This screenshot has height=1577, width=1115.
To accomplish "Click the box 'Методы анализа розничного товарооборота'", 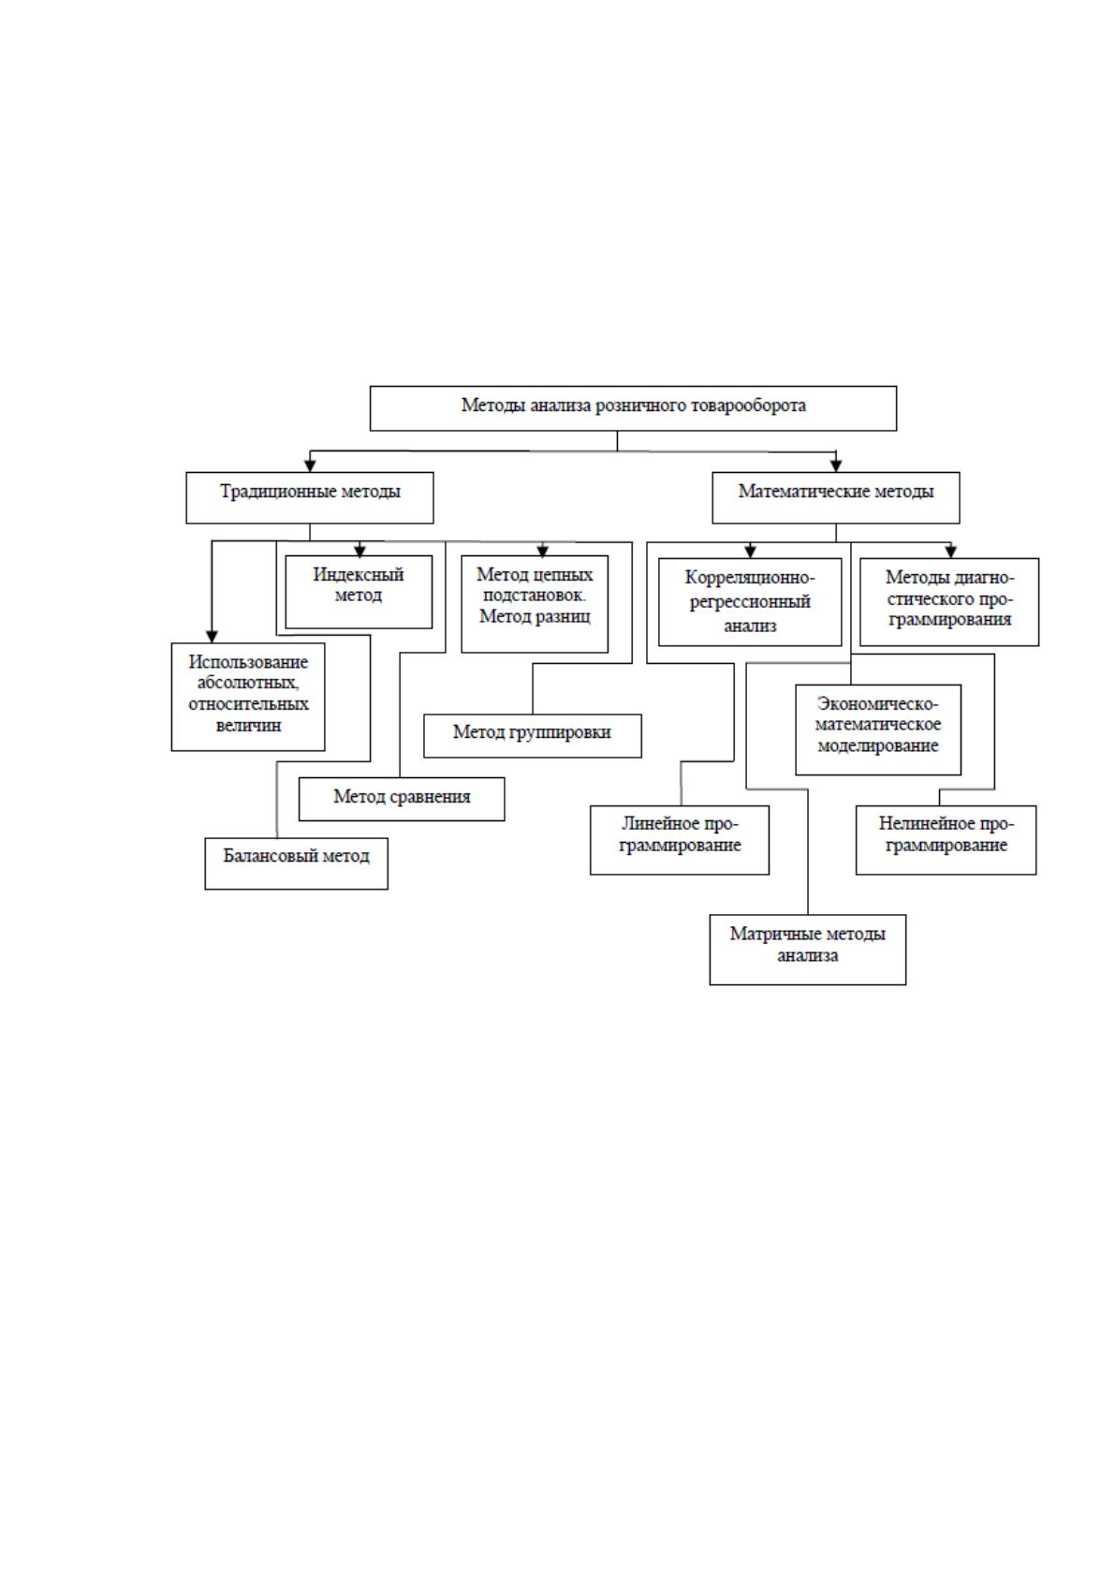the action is pos(633,407).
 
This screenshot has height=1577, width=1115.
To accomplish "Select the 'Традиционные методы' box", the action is pos(310,498).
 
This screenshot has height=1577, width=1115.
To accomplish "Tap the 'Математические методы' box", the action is pos(835,498).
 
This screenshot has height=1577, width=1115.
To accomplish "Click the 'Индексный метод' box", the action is pos(359,592).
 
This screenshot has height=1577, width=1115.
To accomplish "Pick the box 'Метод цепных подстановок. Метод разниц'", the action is pos(535,604).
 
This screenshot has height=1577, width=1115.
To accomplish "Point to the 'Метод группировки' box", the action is pos(532,736).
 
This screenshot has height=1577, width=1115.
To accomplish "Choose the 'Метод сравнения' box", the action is pos(402,799).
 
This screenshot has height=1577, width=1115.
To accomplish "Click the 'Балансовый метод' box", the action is pos(297,863).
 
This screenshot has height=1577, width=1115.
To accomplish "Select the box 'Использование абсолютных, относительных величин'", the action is pos(248,697).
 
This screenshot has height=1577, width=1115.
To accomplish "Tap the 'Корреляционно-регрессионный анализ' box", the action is pos(750,602).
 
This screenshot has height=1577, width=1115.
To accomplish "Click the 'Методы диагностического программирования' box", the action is pos(949,602).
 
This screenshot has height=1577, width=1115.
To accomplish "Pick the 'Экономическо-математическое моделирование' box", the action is pos(878,730).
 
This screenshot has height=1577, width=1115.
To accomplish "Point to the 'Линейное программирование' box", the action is pos(680,840).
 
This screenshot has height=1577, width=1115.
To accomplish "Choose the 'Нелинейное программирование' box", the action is pos(946,840).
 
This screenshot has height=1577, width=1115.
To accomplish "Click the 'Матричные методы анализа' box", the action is pos(807,950).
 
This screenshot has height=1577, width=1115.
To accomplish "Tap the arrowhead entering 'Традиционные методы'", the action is pos(310,465).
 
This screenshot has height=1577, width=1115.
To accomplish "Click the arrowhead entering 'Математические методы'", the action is pos(835,465).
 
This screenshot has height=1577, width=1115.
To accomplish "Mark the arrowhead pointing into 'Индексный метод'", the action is pos(359,550).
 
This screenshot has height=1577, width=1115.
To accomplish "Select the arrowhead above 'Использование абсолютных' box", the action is pos(212,637).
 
